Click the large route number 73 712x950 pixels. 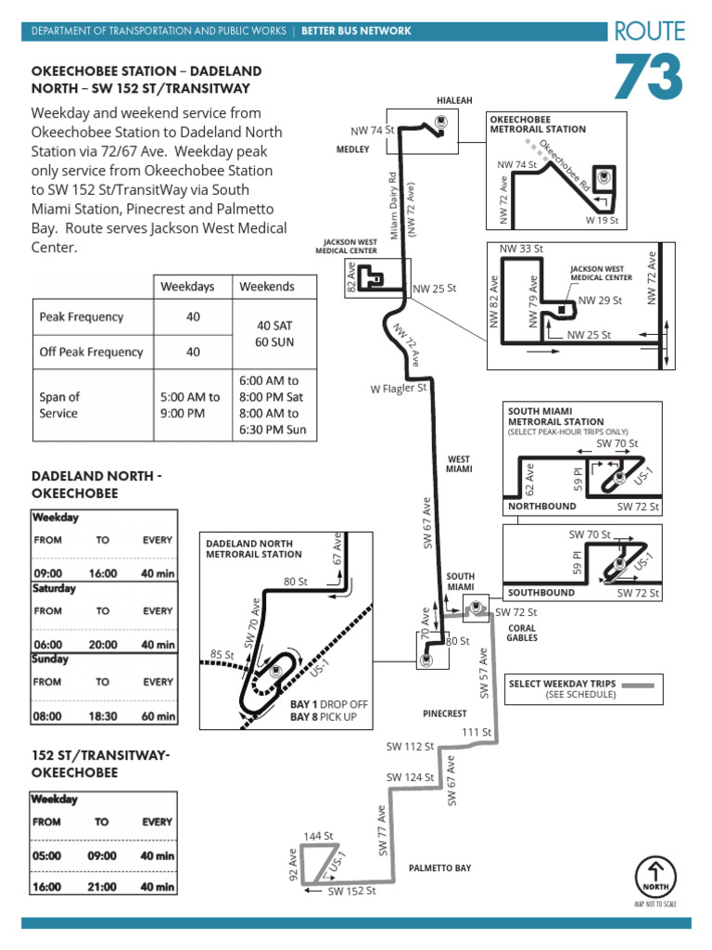pyautogui.click(x=648, y=78)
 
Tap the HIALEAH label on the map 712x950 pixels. pyautogui.click(x=454, y=100)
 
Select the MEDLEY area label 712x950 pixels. pyautogui.click(x=353, y=148)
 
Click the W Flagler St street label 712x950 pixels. pyautogui.click(x=399, y=389)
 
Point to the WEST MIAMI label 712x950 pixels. pyautogui.click(x=459, y=464)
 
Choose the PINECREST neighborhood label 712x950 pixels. pyautogui.click(x=445, y=714)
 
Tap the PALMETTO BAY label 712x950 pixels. pyautogui.click(x=440, y=868)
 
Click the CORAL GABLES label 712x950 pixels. pyautogui.click(x=523, y=633)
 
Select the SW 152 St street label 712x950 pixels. pyautogui.click(x=351, y=891)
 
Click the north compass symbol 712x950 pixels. pyautogui.click(x=655, y=876)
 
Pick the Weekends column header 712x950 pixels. pyautogui.click(x=267, y=287)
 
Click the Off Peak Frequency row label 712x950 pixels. pyautogui.click(x=91, y=352)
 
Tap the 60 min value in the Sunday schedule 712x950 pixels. pyautogui.click(x=158, y=716)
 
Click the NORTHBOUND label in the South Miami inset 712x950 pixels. pyautogui.click(x=541, y=507)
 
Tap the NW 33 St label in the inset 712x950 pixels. pyautogui.click(x=521, y=249)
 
